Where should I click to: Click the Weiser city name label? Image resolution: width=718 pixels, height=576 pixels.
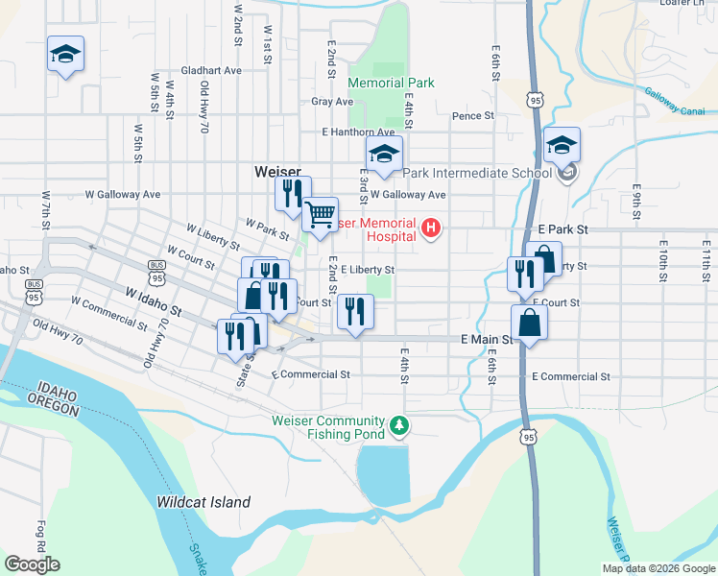pos(278,171)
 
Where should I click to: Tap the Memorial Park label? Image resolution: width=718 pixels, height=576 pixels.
pos(391,84)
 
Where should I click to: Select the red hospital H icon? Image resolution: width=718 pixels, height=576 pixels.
pos(431,228)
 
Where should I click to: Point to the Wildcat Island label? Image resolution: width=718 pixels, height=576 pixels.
pos(203,502)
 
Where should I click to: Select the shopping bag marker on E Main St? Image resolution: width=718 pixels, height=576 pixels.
pos(529,324)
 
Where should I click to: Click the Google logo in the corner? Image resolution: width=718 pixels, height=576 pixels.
pos(32,564)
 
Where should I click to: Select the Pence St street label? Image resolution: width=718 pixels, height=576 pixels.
pos(472,116)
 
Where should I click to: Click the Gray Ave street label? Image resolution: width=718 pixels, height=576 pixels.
pos(332,102)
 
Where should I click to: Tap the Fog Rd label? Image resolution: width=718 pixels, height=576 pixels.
pos(41,533)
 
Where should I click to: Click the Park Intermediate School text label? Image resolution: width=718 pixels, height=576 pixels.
pos(477,174)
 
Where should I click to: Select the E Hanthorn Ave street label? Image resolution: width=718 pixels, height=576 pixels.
pos(358,132)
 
